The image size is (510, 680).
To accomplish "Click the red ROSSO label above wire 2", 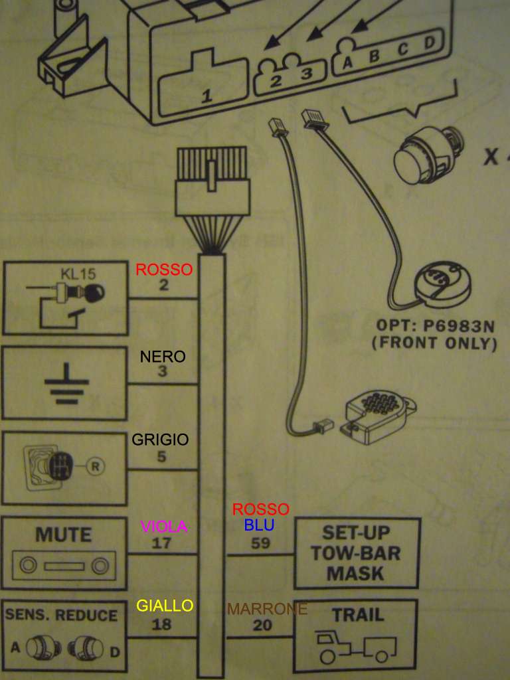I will (163, 270).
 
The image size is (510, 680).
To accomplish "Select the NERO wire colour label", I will (163, 357).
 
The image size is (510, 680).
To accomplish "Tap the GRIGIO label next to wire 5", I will (160, 439).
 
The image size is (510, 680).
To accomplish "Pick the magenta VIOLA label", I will (163, 527).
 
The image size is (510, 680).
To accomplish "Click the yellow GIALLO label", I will (165, 605).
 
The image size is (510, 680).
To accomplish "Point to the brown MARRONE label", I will (267, 609).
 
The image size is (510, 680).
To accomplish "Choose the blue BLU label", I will (259, 525).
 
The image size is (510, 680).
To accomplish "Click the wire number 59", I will (260, 543).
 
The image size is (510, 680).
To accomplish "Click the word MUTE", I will (64, 535).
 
